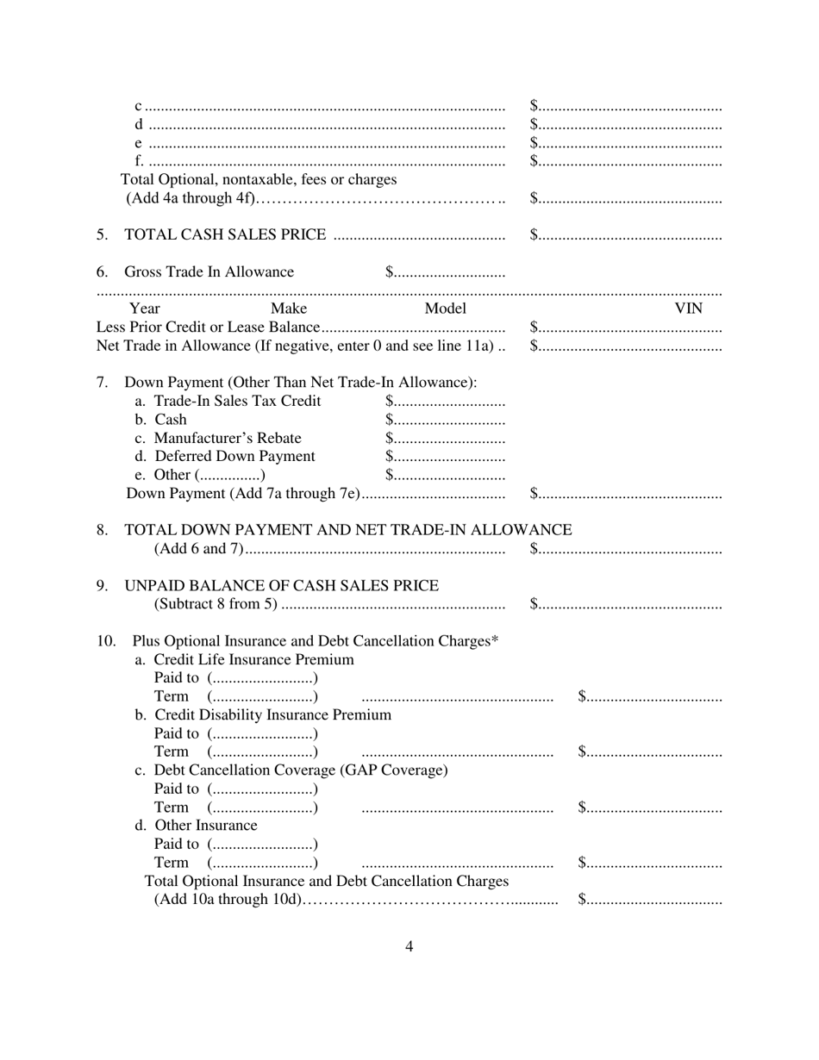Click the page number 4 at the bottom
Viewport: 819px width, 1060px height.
(409, 946)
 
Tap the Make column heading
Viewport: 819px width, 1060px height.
(288, 309)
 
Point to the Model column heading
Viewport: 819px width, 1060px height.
(445, 309)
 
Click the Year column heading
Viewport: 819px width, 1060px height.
(144, 309)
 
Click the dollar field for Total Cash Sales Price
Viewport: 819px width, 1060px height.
(626, 235)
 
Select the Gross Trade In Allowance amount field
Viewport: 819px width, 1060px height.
(445, 273)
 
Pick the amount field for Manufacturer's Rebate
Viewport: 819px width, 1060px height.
(445, 439)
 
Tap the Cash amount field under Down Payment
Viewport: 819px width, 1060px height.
(445, 421)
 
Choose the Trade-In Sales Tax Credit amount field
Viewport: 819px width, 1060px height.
(445, 402)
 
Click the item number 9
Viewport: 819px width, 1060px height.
(103, 586)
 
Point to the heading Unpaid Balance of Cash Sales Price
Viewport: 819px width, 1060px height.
(282, 586)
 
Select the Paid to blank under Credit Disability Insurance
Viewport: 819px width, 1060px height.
(263, 734)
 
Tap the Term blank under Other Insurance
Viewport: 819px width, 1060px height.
(263, 864)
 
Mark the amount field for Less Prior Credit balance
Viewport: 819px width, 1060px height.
(626, 328)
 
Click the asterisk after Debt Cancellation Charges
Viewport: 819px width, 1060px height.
(495, 640)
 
